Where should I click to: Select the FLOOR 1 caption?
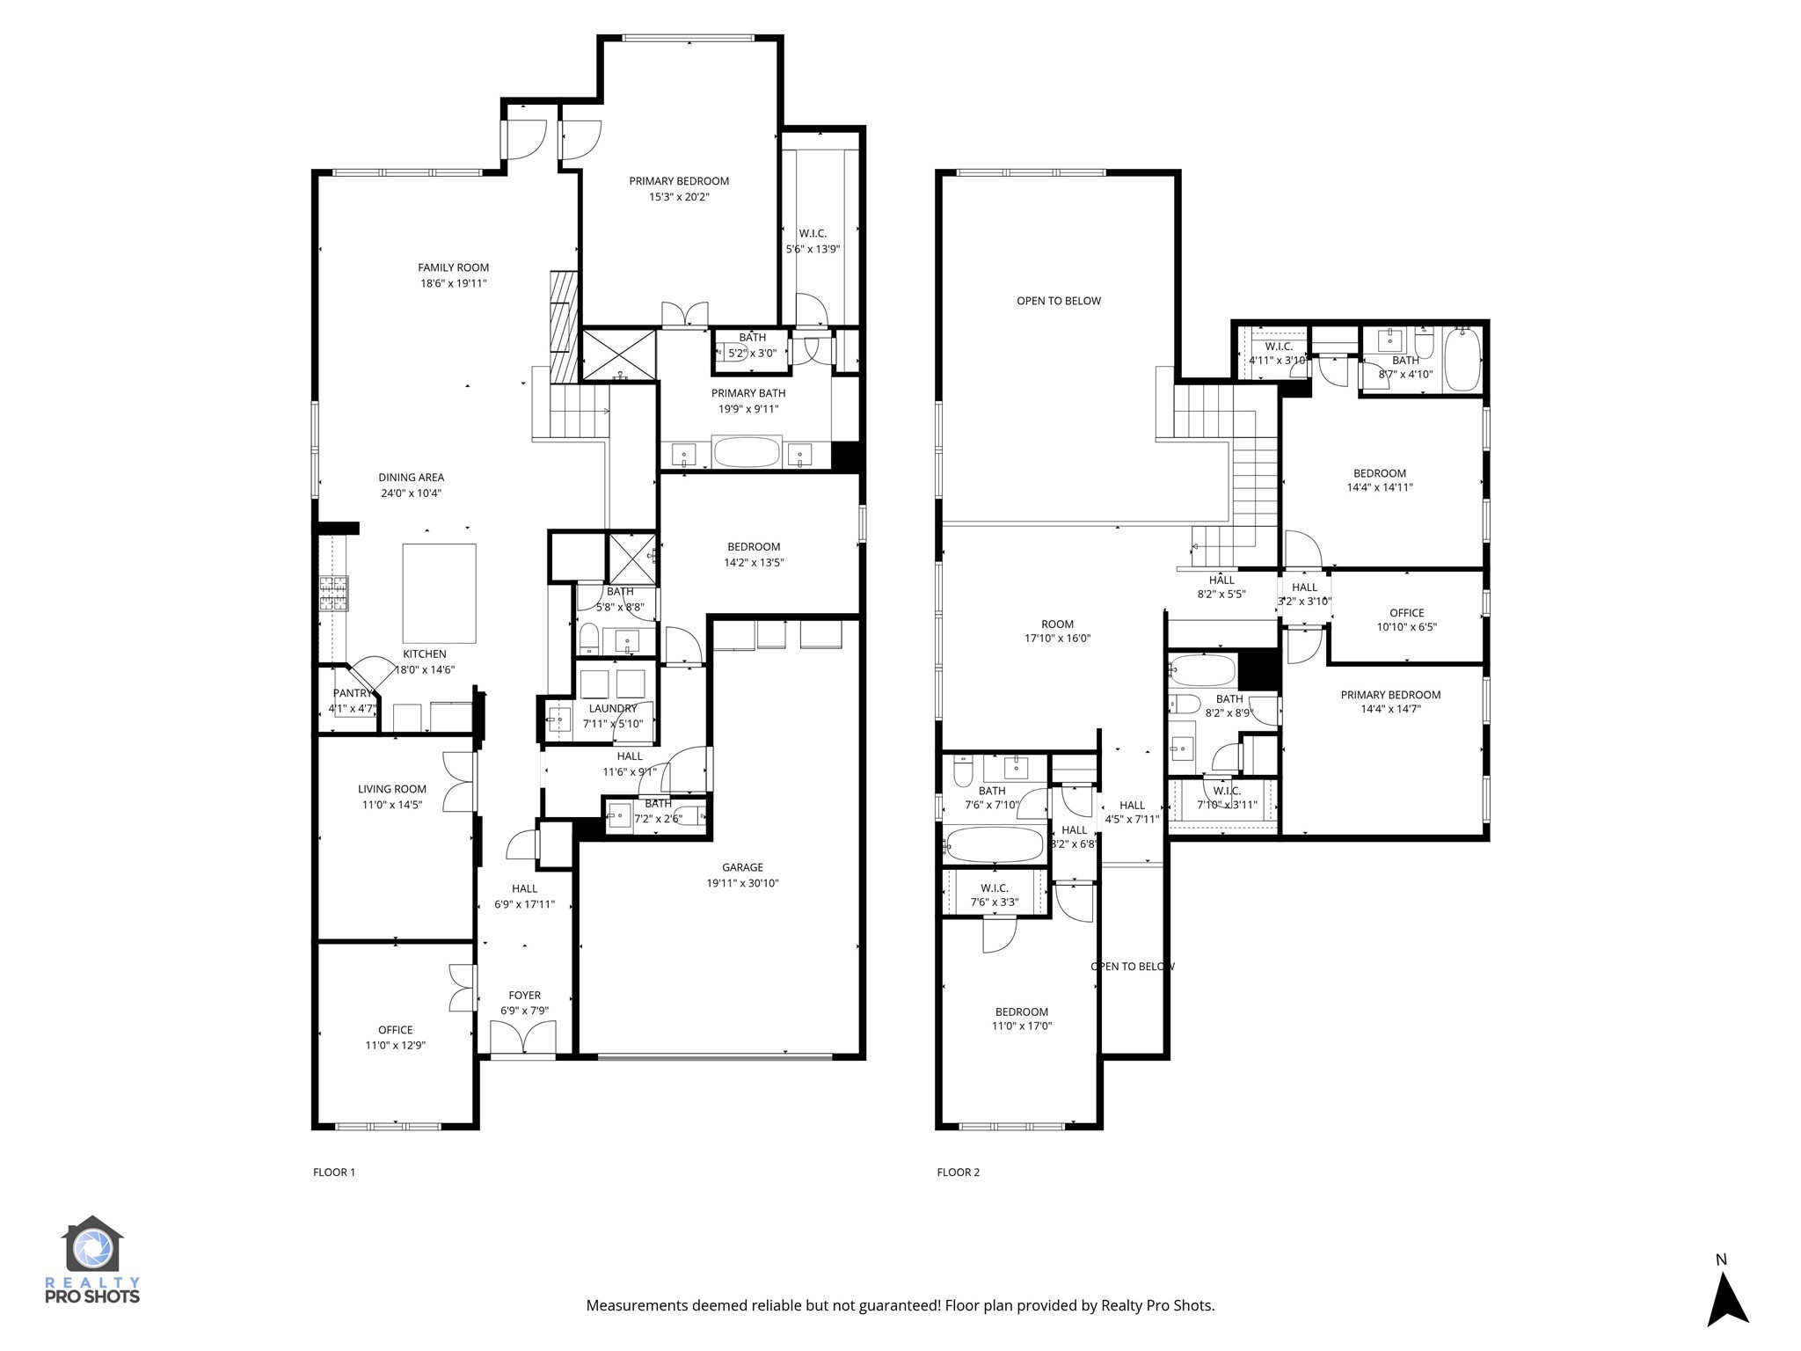pos(334,1172)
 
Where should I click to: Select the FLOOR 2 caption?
pos(958,1172)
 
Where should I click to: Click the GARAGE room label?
pos(742,867)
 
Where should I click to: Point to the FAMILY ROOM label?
pos(453,267)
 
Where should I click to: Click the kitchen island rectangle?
pos(439,593)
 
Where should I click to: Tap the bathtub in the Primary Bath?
pos(747,453)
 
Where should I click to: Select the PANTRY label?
pos(353,693)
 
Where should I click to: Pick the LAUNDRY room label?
pos(613,708)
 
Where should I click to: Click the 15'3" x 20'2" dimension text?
pos(679,197)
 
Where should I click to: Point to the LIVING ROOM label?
pos(391,789)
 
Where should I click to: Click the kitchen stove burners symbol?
pos(333,593)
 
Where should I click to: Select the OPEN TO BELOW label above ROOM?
pos(1058,301)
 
